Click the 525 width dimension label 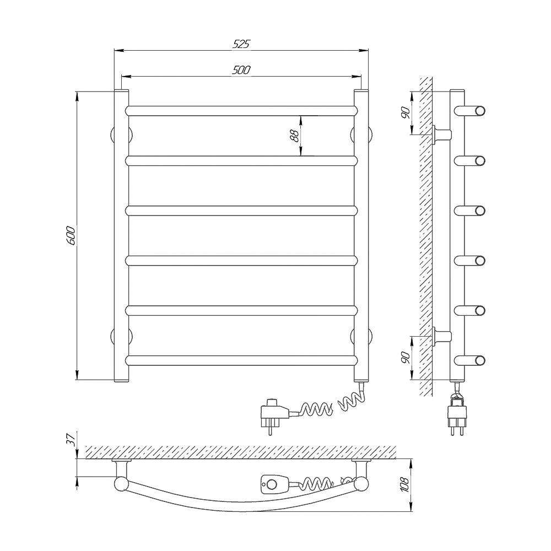click(241, 44)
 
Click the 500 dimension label click(241, 70)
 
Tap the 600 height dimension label click(71, 235)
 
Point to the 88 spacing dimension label click(294, 136)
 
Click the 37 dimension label click(71, 439)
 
